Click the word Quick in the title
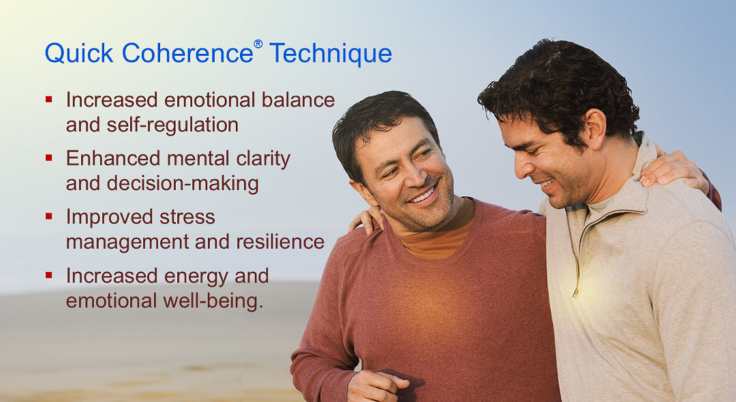point(75,54)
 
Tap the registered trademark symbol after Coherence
point(258,44)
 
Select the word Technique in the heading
point(331,54)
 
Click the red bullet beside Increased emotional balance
point(49,99)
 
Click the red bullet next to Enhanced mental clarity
point(49,158)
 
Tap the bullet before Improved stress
point(49,217)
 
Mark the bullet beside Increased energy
point(49,275)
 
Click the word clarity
point(258,159)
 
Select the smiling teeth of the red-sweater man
point(423,196)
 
